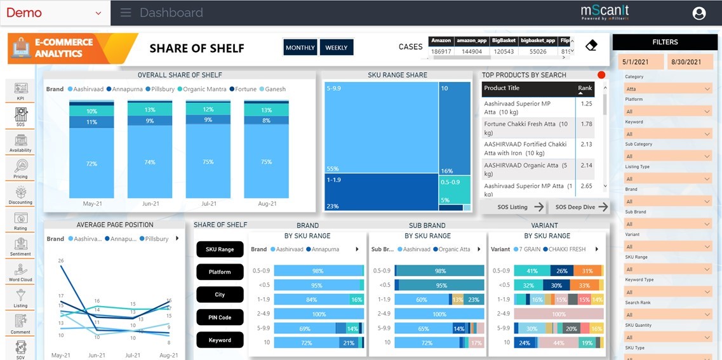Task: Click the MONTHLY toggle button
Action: [300, 48]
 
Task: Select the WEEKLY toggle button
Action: [337, 48]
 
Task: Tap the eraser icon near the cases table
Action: [591, 46]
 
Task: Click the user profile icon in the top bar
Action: [699, 13]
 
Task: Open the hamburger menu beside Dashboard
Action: [126, 13]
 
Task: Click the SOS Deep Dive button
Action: [581, 207]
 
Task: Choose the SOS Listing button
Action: [520, 207]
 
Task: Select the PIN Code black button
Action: [220, 317]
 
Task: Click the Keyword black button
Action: [220, 340]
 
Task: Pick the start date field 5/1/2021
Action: [640, 62]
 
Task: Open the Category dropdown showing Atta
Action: [668, 89]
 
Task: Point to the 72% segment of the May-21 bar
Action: [91, 164]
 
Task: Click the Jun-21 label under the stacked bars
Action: [150, 204]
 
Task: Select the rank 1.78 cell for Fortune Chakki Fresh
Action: [586, 124]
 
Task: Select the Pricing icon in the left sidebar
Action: [20, 168]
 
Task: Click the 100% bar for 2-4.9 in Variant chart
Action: [558, 314]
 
